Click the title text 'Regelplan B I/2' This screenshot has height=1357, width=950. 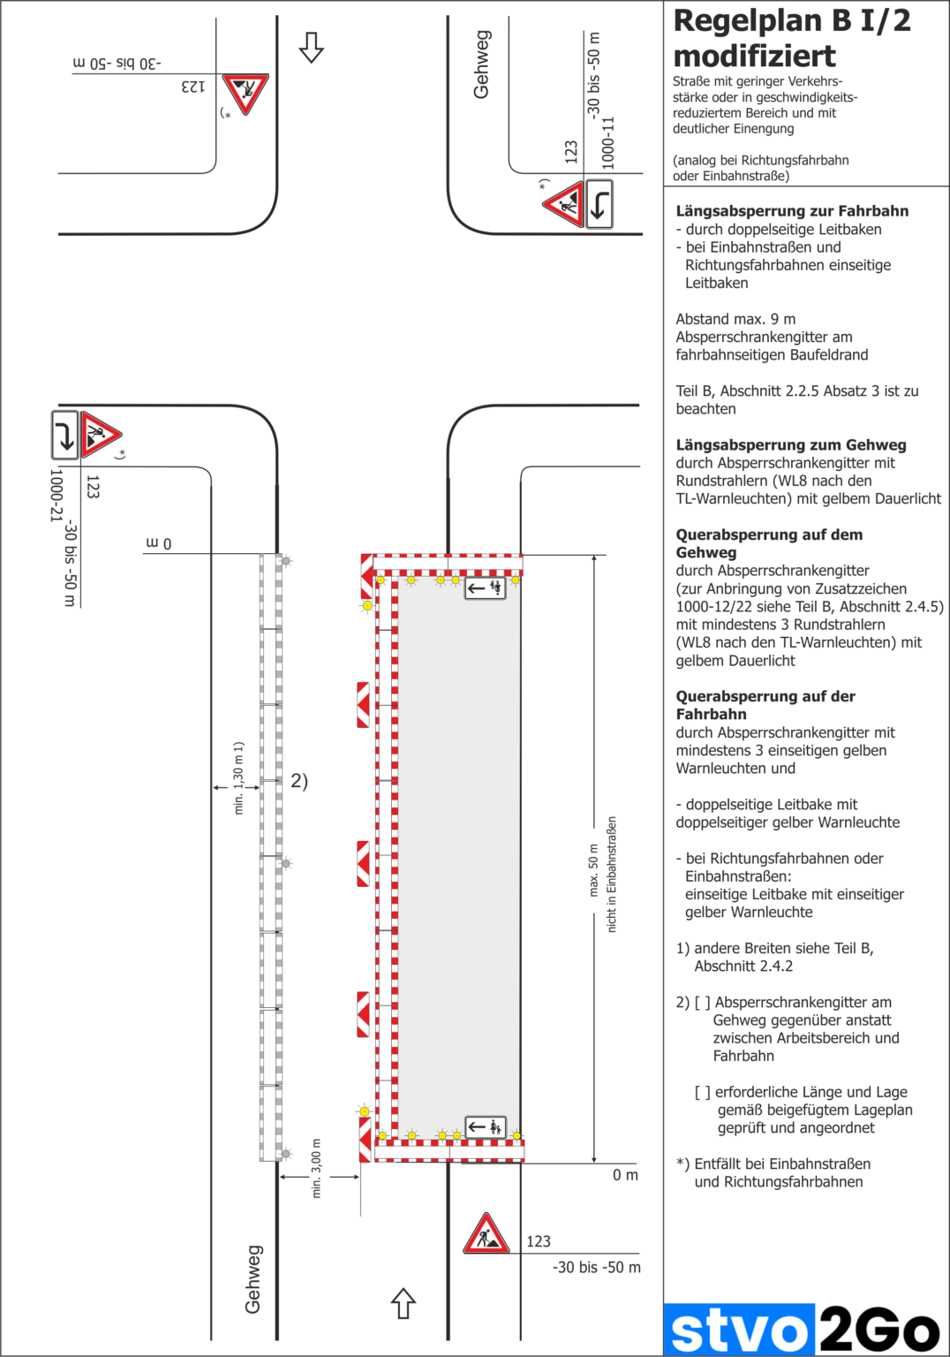[x=791, y=21]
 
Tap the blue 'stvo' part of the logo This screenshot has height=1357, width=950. [x=738, y=1330]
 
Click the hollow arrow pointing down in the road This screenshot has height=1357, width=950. [x=311, y=48]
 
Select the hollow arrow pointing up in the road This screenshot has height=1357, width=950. [x=403, y=1303]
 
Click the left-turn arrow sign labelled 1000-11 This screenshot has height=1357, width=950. [x=599, y=204]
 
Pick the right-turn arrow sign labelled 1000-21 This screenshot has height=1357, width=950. [x=64, y=435]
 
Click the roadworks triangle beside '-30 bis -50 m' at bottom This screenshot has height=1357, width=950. [x=486, y=1234]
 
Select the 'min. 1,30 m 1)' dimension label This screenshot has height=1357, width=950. [x=238, y=777]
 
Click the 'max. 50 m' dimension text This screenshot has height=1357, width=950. [x=593, y=870]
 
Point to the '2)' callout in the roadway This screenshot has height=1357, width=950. [x=299, y=781]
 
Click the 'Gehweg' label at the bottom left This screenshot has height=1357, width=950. [x=253, y=1278]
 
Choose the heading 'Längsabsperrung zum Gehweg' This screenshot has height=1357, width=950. [x=790, y=445]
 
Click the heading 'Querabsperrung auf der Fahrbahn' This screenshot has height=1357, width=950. [x=765, y=705]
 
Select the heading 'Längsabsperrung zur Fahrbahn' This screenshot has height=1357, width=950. [x=792, y=211]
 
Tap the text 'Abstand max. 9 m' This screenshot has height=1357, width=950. [x=735, y=319]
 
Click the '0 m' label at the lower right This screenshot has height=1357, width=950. [x=625, y=1175]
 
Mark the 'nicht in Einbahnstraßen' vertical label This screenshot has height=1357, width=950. [x=612, y=874]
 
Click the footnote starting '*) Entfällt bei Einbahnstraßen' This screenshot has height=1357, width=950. [x=773, y=1172]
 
